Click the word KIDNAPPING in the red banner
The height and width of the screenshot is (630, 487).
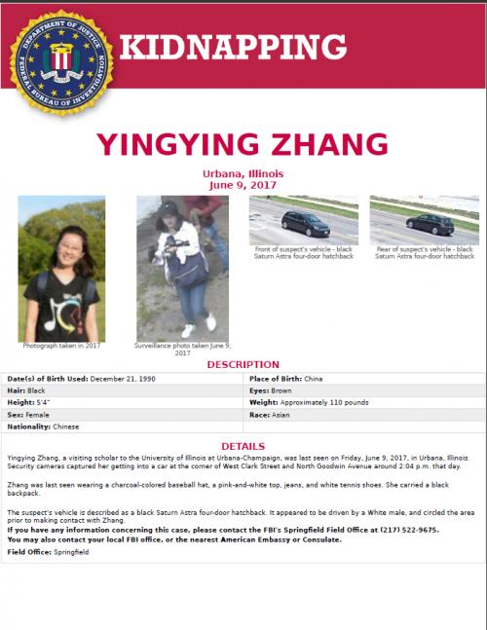click(233, 46)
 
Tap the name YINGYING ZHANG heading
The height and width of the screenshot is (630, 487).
click(243, 143)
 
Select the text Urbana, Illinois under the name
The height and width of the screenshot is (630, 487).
click(243, 173)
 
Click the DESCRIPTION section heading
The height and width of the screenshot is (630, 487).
click(243, 364)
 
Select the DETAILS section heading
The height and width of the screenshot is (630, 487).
click(243, 445)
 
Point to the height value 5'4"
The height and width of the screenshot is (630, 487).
click(43, 402)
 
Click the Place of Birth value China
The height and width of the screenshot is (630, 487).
click(313, 378)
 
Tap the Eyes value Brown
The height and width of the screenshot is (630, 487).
click(281, 389)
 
